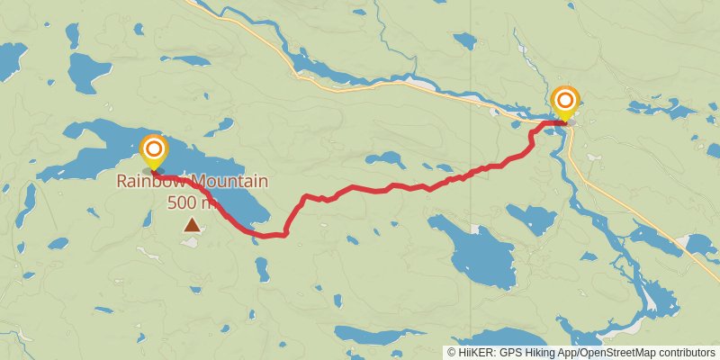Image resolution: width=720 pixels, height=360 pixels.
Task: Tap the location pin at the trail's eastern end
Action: pyautogui.click(x=564, y=103)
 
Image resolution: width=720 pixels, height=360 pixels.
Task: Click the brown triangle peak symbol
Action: pyautogui.click(x=192, y=224)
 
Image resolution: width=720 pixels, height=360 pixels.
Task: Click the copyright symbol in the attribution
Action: pyautogui.click(x=453, y=353)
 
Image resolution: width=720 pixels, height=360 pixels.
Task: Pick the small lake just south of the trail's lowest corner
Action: pyautogui.click(x=261, y=268)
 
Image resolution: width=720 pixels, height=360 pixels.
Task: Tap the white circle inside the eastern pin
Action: pyautogui.click(x=564, y=98)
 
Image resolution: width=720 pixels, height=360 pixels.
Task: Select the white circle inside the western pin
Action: pyautogui.click(x=155, y=148)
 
